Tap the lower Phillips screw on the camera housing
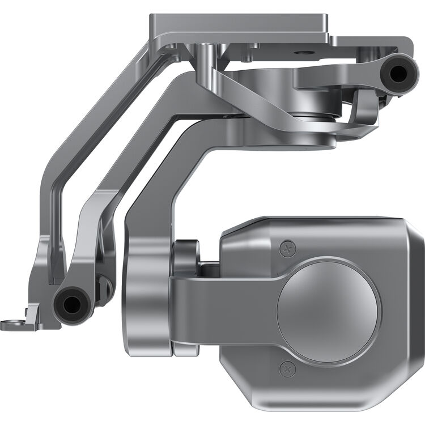pyautogui.click(x=288, y=369)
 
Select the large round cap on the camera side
pyautogui.click(x=329, y=311)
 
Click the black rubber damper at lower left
pyautogui.click(x=71, y=305)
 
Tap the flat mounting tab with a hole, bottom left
pyautogui.click(x=17, y=325)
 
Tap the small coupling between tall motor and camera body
pyautogui.click(x=187, y=258)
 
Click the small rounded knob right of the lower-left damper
pyautogui.click(x=104, y=288)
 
